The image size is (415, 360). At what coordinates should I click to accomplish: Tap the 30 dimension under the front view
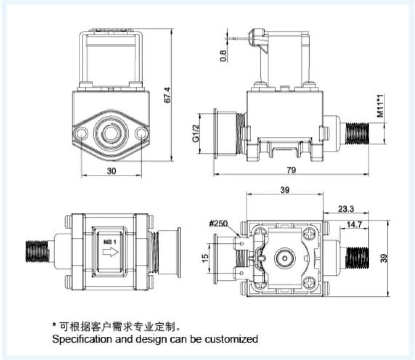(x=111, y=170)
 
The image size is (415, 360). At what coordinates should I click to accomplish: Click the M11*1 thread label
(x=380, y=106)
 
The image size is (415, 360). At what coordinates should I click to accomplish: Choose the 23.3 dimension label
(x=346, y=209)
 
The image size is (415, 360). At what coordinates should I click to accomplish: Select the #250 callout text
(x=219, y=224)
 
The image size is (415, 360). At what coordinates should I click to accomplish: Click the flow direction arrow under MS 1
(x=111, y=252)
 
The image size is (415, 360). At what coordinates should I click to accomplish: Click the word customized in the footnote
(x=231, y=339)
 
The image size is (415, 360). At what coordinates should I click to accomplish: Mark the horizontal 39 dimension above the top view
(x=285, y=190)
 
